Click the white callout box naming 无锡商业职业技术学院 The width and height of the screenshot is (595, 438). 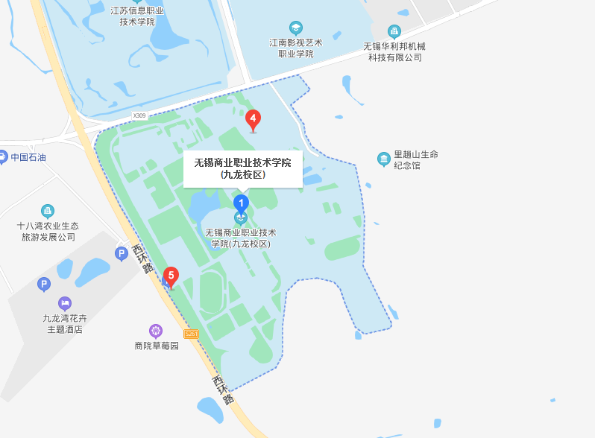click(243, 168)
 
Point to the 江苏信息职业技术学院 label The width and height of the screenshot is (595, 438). click(137, 16)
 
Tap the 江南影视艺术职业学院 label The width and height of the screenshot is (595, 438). click(296, 48)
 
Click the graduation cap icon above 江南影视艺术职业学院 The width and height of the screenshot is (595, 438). click(296, 28)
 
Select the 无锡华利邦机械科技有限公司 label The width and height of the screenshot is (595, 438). click(394, 51)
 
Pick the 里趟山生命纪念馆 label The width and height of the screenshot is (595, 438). click(416, 159)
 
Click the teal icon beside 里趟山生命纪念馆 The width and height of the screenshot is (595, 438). click(384, 159)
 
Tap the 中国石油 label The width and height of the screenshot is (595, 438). click(28, 157)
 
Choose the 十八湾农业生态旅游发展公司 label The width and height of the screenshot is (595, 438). click(48, 231)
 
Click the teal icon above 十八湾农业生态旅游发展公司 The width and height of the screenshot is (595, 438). click(48, 211)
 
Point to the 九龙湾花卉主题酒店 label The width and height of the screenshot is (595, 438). click(65, 323)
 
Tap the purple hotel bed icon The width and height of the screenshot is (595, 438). click(65, 303)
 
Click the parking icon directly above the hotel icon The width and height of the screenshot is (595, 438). click(44, 284)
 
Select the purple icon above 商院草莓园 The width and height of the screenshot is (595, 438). click(156, 330)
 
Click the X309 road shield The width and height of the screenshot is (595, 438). click(139, 115)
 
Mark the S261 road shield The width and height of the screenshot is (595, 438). click(192, 334)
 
